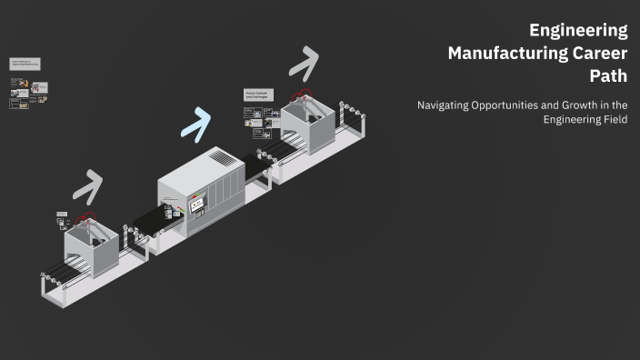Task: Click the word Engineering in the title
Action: tap(578, 30)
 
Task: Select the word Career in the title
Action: tap(596, 53)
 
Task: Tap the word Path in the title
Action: tap(609, 75)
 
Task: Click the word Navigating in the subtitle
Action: tap(445, 105)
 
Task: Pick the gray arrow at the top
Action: tap(305, 63)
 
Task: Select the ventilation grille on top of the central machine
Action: tap(223, 157)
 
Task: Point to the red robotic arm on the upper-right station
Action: tap(303, 94)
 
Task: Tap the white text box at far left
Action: tap(26, 65)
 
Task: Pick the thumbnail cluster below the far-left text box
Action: tap(29, 94)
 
